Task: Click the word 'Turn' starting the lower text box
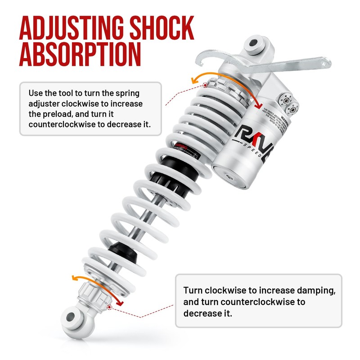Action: click(x=193, y=290)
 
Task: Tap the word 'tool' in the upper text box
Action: click(x=73, y=93)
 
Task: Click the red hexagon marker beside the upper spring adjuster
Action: click(x=205, y=85)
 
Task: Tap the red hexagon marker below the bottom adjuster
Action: click(x=110, y=307)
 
